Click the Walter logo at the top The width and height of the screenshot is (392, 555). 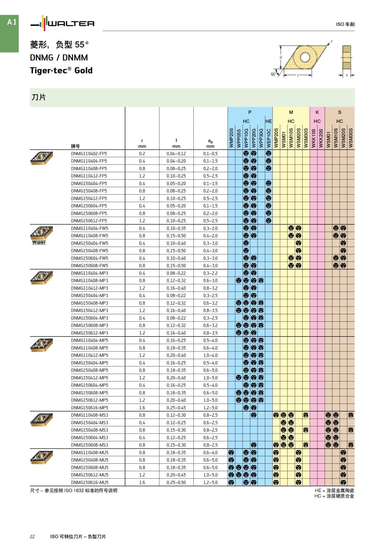[62, 24]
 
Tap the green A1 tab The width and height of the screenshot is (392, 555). [11, 22]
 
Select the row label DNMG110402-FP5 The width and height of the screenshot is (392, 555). [89, 154]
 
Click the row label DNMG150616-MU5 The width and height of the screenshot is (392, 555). [90, 482]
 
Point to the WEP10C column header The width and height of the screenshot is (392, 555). [269, 138]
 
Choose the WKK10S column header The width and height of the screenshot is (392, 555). [313, 138]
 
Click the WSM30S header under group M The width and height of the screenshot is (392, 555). [306, 138]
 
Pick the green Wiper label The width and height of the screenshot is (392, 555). [39, 242]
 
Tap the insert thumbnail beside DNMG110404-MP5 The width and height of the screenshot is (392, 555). [41, 345]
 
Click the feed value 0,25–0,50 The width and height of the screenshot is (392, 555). [176, 482]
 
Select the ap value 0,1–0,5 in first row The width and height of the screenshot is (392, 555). [210, 154]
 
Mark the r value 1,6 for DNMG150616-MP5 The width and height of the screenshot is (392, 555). [142, 408]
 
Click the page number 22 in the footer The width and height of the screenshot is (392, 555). [32, 536]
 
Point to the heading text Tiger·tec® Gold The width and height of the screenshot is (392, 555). [61, 71]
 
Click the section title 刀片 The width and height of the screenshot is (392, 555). [39, 97]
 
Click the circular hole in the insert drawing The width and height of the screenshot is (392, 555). [304, 58]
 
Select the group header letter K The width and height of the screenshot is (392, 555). [317, 112]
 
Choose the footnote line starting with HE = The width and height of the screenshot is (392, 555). [334, 490]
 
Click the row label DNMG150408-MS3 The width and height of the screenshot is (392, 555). [90, 430]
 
